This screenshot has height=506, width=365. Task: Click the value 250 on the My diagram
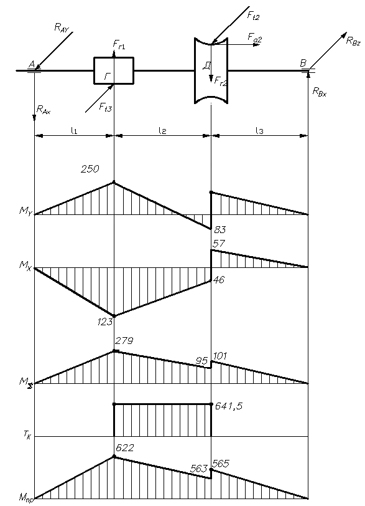90,169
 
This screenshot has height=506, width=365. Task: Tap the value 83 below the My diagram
220,230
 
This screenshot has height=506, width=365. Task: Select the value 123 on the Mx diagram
105,322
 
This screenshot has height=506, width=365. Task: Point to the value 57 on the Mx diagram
218,243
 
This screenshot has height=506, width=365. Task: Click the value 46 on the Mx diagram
219,279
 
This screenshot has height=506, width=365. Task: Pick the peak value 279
124,340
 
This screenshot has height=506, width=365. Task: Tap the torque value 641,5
229,406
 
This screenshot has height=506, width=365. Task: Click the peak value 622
124,447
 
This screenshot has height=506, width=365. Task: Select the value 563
198,469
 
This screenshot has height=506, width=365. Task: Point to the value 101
219,356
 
